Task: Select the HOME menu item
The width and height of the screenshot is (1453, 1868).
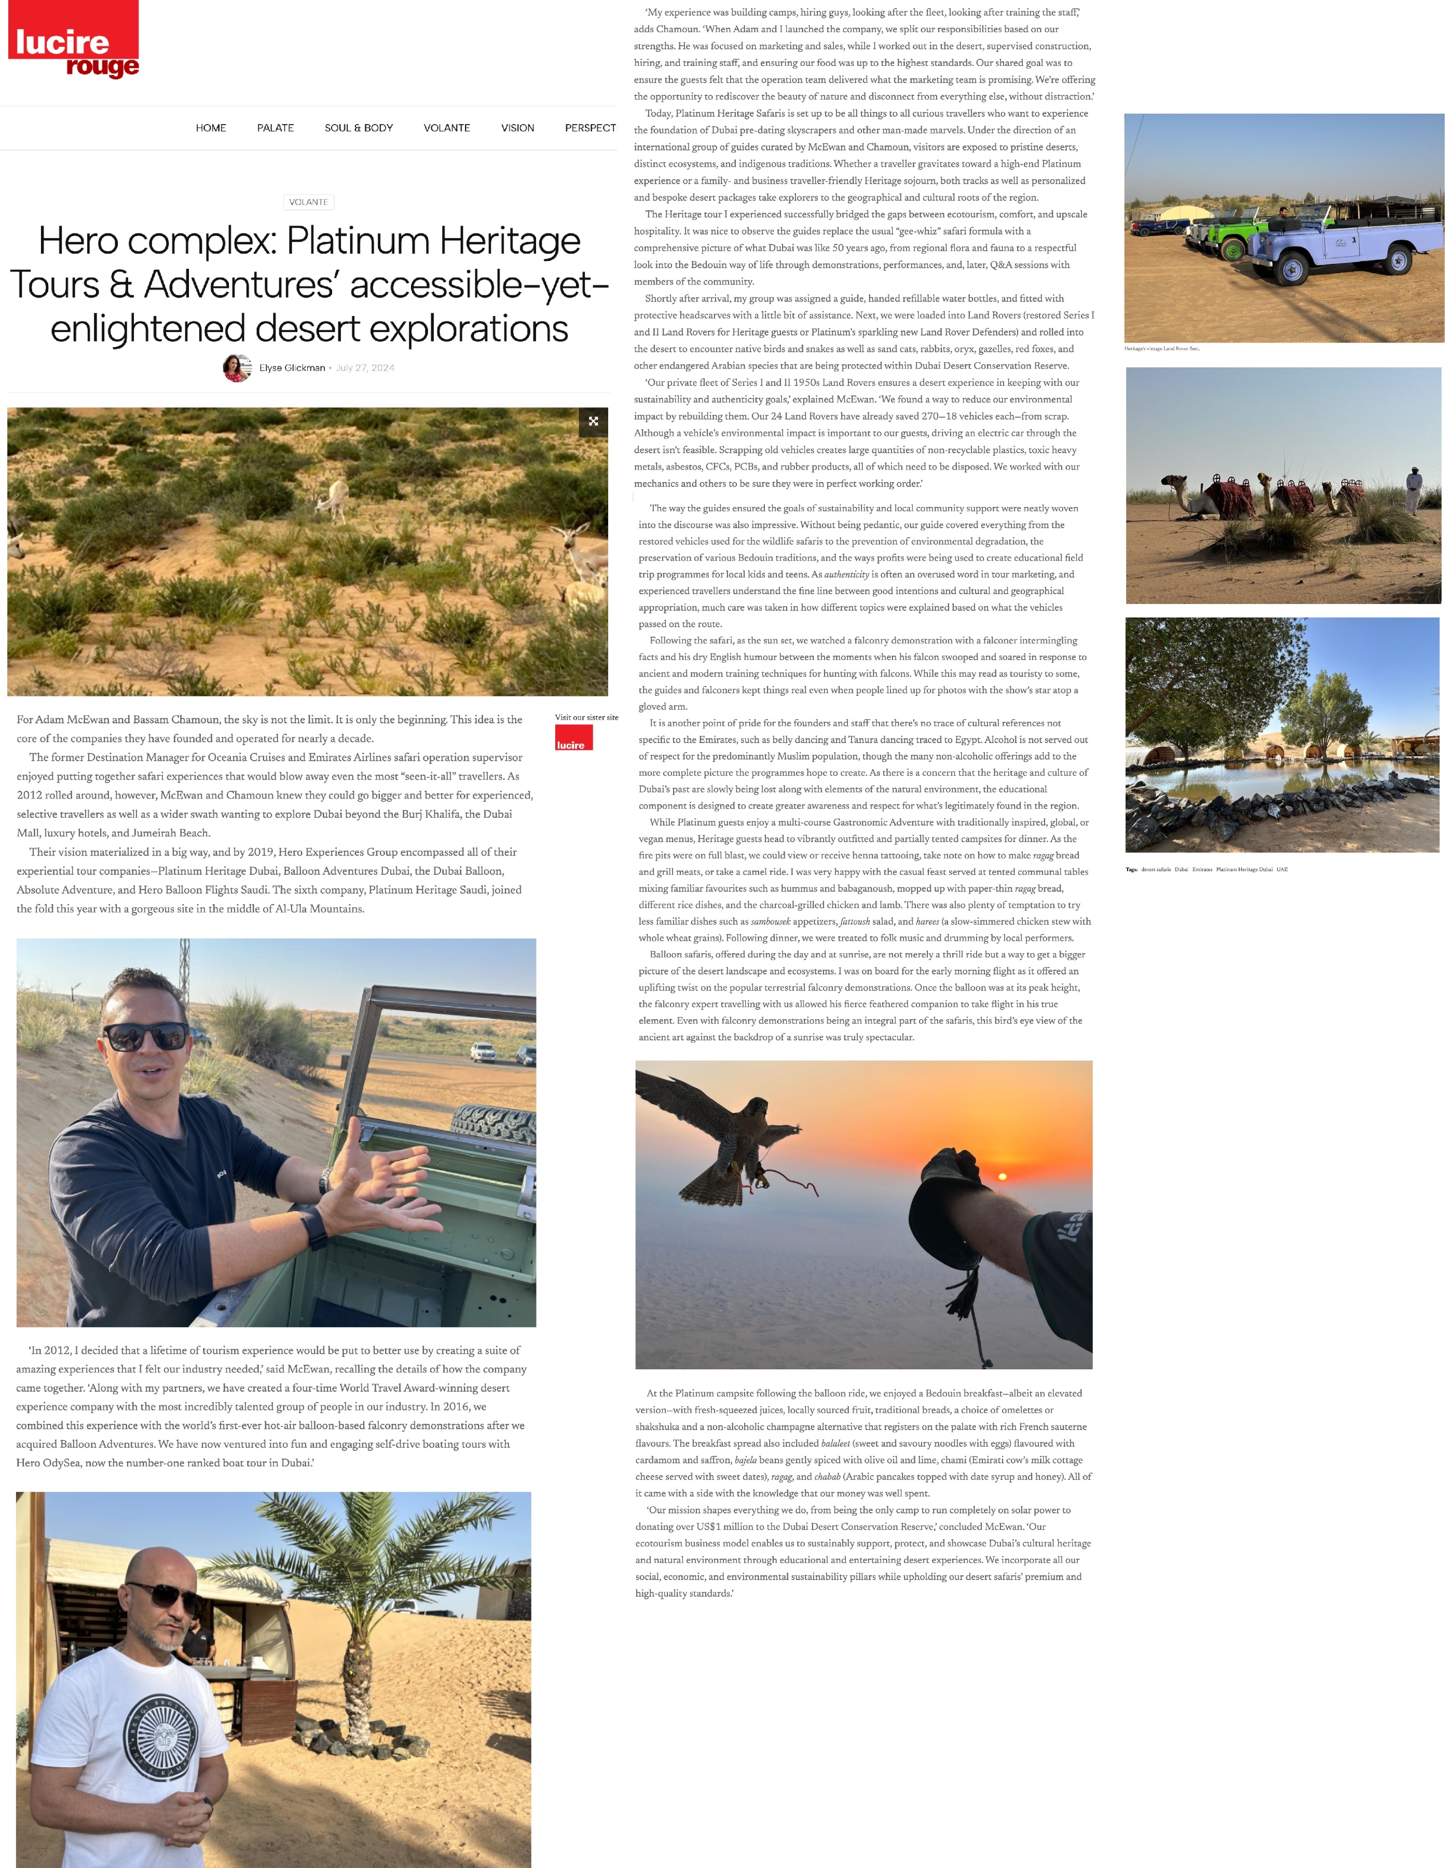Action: pos(210,128)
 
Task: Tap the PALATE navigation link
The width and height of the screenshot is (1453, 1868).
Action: pos(276,128)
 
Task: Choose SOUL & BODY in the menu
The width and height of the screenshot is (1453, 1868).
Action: pos(359,128)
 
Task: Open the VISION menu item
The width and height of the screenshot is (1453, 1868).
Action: pos(517,128)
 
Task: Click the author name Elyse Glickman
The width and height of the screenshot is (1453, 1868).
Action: pos(292,368)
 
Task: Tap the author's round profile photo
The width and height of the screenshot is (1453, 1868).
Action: pos(236,368)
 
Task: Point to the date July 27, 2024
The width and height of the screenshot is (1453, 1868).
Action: pos(365,368)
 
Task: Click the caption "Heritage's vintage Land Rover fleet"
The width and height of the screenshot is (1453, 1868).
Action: pos(1161,349)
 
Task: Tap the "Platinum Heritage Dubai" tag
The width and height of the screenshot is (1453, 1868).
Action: pos(1244,869)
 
